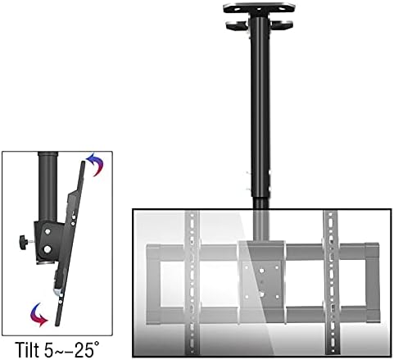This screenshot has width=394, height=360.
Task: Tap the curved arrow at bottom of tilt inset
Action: [x=36, y=311]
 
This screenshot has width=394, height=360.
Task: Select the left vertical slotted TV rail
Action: [x=192, y=279]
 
